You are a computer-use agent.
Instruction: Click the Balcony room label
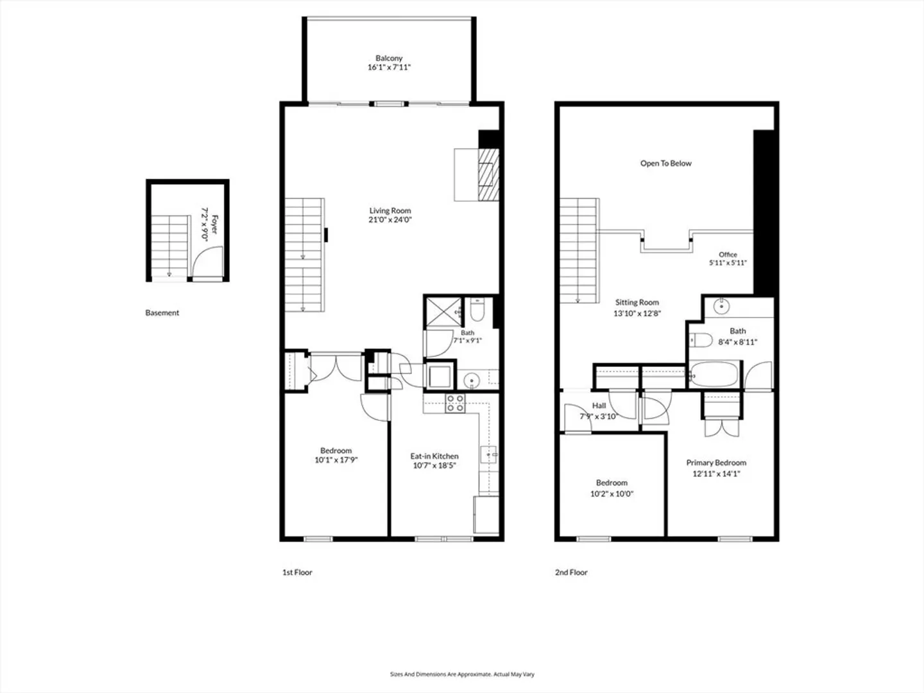coord(389,58)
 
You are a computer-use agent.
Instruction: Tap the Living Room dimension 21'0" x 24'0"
coord(390,219)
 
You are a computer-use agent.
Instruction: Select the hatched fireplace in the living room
coord(489,175)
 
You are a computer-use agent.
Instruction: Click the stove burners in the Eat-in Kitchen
coord(455,403)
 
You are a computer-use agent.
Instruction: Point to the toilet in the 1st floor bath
coord(477,309)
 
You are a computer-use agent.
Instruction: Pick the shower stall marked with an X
coord(443,312)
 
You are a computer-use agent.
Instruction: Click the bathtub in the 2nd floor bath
coord(714,374)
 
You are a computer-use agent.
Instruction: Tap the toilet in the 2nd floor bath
coord(701,339)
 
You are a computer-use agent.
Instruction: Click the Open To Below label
coord(666,163)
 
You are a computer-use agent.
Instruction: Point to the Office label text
coord(728,255)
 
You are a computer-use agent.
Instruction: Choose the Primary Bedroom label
coord(716,463)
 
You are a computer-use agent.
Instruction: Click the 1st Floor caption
coord(297,572)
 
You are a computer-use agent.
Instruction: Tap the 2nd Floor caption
coord(571,572)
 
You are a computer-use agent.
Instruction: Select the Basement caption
coord(162,312)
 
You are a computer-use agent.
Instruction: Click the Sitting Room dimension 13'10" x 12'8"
coord(637,314)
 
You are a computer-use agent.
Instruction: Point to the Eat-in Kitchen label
coord(434,456)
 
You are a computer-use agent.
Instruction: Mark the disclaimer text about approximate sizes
coord(462,674)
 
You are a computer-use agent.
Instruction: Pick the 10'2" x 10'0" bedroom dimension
coord(612,494)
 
